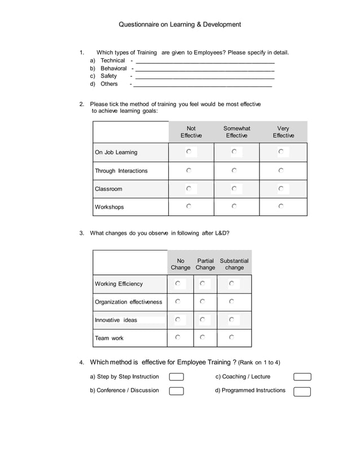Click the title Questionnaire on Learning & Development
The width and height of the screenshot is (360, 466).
click(x=179, y=25)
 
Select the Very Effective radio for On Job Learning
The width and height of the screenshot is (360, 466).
click(x=281, y=152)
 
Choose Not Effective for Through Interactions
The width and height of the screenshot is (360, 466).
click(x=189, y=170)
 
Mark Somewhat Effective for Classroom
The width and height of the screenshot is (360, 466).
click(x=234, y=188)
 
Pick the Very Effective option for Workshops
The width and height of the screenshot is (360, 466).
click(x=281, y=206)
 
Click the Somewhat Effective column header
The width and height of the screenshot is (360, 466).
click(x=236, y=132)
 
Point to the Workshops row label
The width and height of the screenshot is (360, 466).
click(x=109, y=207)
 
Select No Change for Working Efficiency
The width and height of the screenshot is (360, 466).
click(x=178, y=283)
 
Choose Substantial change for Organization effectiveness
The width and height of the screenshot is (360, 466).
click(x=231, y=302)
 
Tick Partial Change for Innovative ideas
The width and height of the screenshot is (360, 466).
click(x=202, y=320)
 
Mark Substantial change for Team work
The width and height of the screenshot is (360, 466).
click(x=231, y=337)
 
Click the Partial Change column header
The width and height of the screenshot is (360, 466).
click(x=205, y=264)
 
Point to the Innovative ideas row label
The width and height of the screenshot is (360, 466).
click(x=116, y=320)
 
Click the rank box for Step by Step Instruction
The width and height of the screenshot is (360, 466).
click(x=177, y=377)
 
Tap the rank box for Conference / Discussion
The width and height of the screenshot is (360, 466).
click(x=177, y=391)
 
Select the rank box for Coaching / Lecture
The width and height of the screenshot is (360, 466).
click(x=302, y=377)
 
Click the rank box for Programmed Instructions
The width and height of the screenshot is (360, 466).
click(x=302, y=392)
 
